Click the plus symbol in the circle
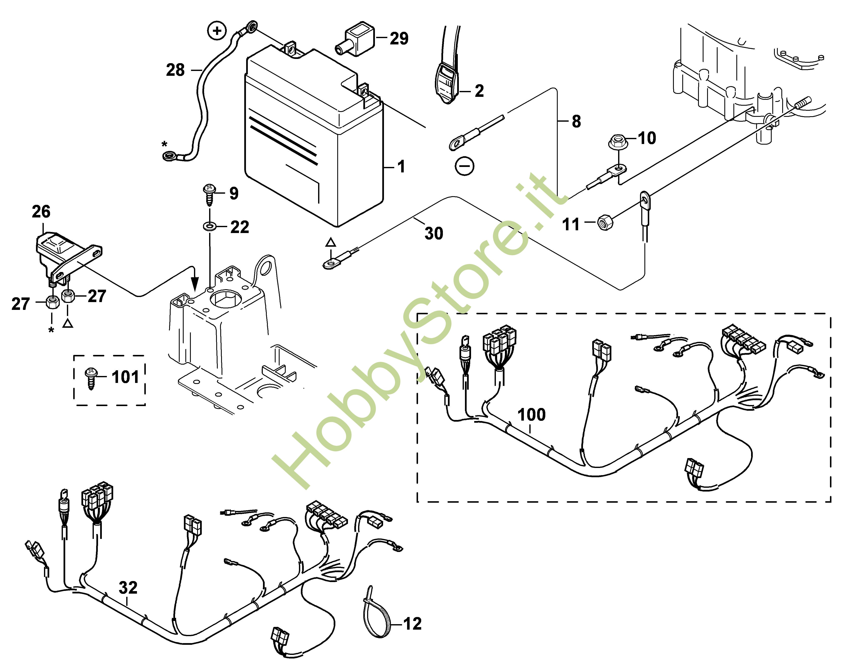tap(218, 31)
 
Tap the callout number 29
tap(399, 38)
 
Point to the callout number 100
tap(531, 414)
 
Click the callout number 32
tap(128, 588)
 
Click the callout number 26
tap(41, 212)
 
